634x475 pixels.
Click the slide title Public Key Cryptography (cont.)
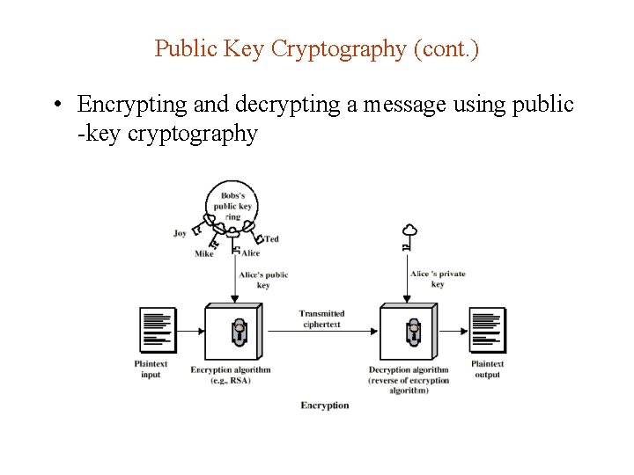click(x=317, y=48)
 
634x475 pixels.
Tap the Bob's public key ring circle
click(x=232, y=203)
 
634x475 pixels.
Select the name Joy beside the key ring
click(x=180, y=234)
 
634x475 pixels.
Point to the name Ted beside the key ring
click(x=272, y=239)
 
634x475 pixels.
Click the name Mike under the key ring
click(x=203, y=254)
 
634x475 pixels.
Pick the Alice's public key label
click(x=264, y=280)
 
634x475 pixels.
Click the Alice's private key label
click(x=438, y=279)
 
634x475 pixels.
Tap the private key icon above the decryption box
click(x=408, y=235)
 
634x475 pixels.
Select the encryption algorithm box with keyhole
click(x=233, y=331)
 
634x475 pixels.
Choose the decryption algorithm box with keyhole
click(x=409, y=331)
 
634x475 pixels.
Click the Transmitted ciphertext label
click(x=321, y=318)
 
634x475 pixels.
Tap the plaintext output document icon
click(x=487, y=330)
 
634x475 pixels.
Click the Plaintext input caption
click(x=151, y=369)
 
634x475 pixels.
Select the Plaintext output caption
click(x=487, y=369)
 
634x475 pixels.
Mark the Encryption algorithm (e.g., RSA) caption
click(x=231, y=375)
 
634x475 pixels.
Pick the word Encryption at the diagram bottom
click(x=325, y=406)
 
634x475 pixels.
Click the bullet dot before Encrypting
click(x=55, y=106)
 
